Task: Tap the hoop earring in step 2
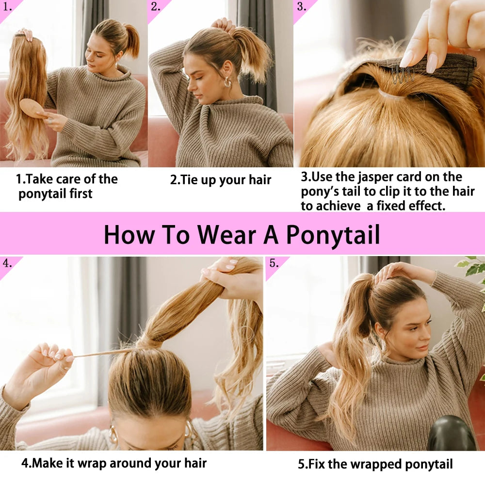point(227,82)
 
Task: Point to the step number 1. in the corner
point(7,7)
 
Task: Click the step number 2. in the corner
point(156,7)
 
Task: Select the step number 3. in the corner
point(302,7)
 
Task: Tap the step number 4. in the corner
point(7,263)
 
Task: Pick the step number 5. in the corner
point(274,263)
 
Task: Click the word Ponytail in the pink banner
point(333,235)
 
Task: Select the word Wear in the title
point(226,234)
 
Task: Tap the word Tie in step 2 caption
point(189,180)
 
